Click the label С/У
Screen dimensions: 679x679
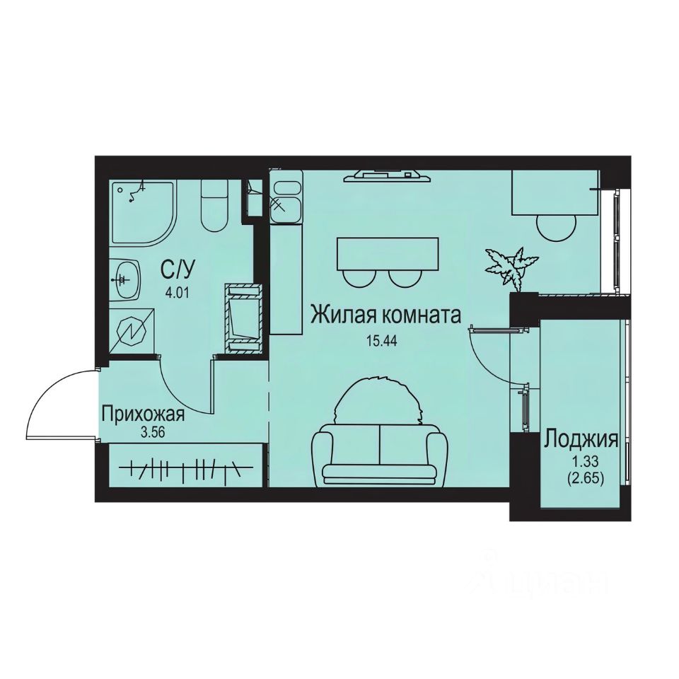pyautogui.click(x=177, y=270)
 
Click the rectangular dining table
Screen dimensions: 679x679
pyautogui.click(x=388, y=253)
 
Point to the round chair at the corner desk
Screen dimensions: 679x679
pyautogui.click(x=557, y=228)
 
